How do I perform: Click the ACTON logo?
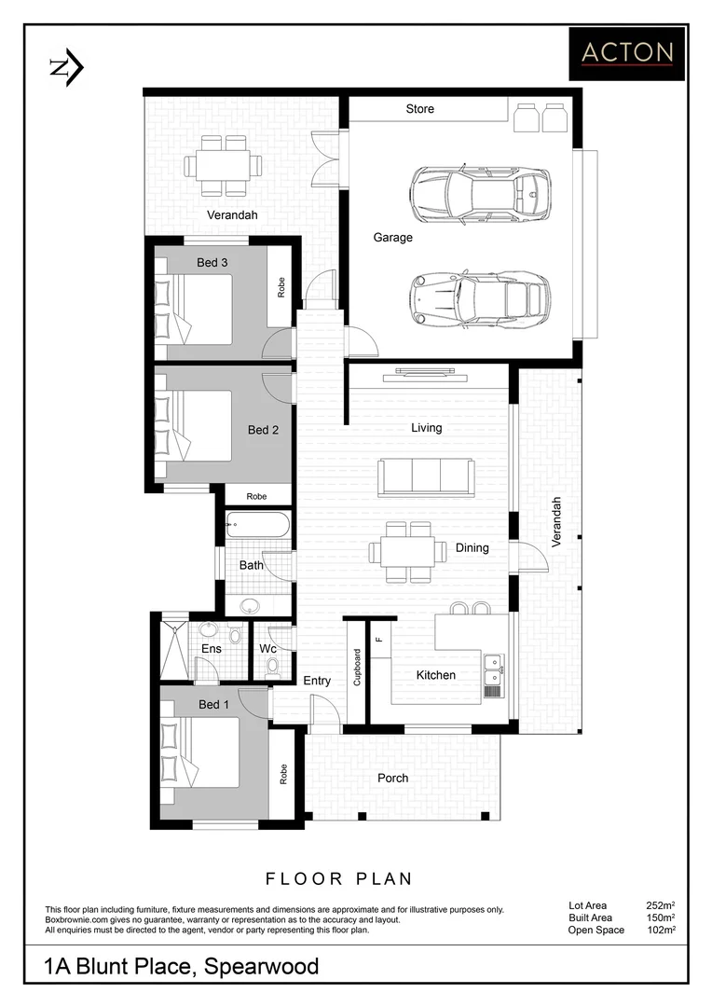coord(627,53)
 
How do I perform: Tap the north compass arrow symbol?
coord(66,67)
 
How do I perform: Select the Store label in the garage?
coord(419,109)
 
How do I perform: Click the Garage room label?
coord(392,238)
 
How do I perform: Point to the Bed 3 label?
coord(212,263)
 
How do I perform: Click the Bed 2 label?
coord(263,430)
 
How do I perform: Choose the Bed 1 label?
coord(213,704)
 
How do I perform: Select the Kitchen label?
coord(435,675)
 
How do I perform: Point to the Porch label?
coord(392,778)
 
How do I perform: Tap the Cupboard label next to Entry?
coord(357,668)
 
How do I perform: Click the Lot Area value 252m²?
coord(660,904)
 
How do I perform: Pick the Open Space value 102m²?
coord(660,930)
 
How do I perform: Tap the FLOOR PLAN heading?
coord(339,878)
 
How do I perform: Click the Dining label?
coord(472,547)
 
